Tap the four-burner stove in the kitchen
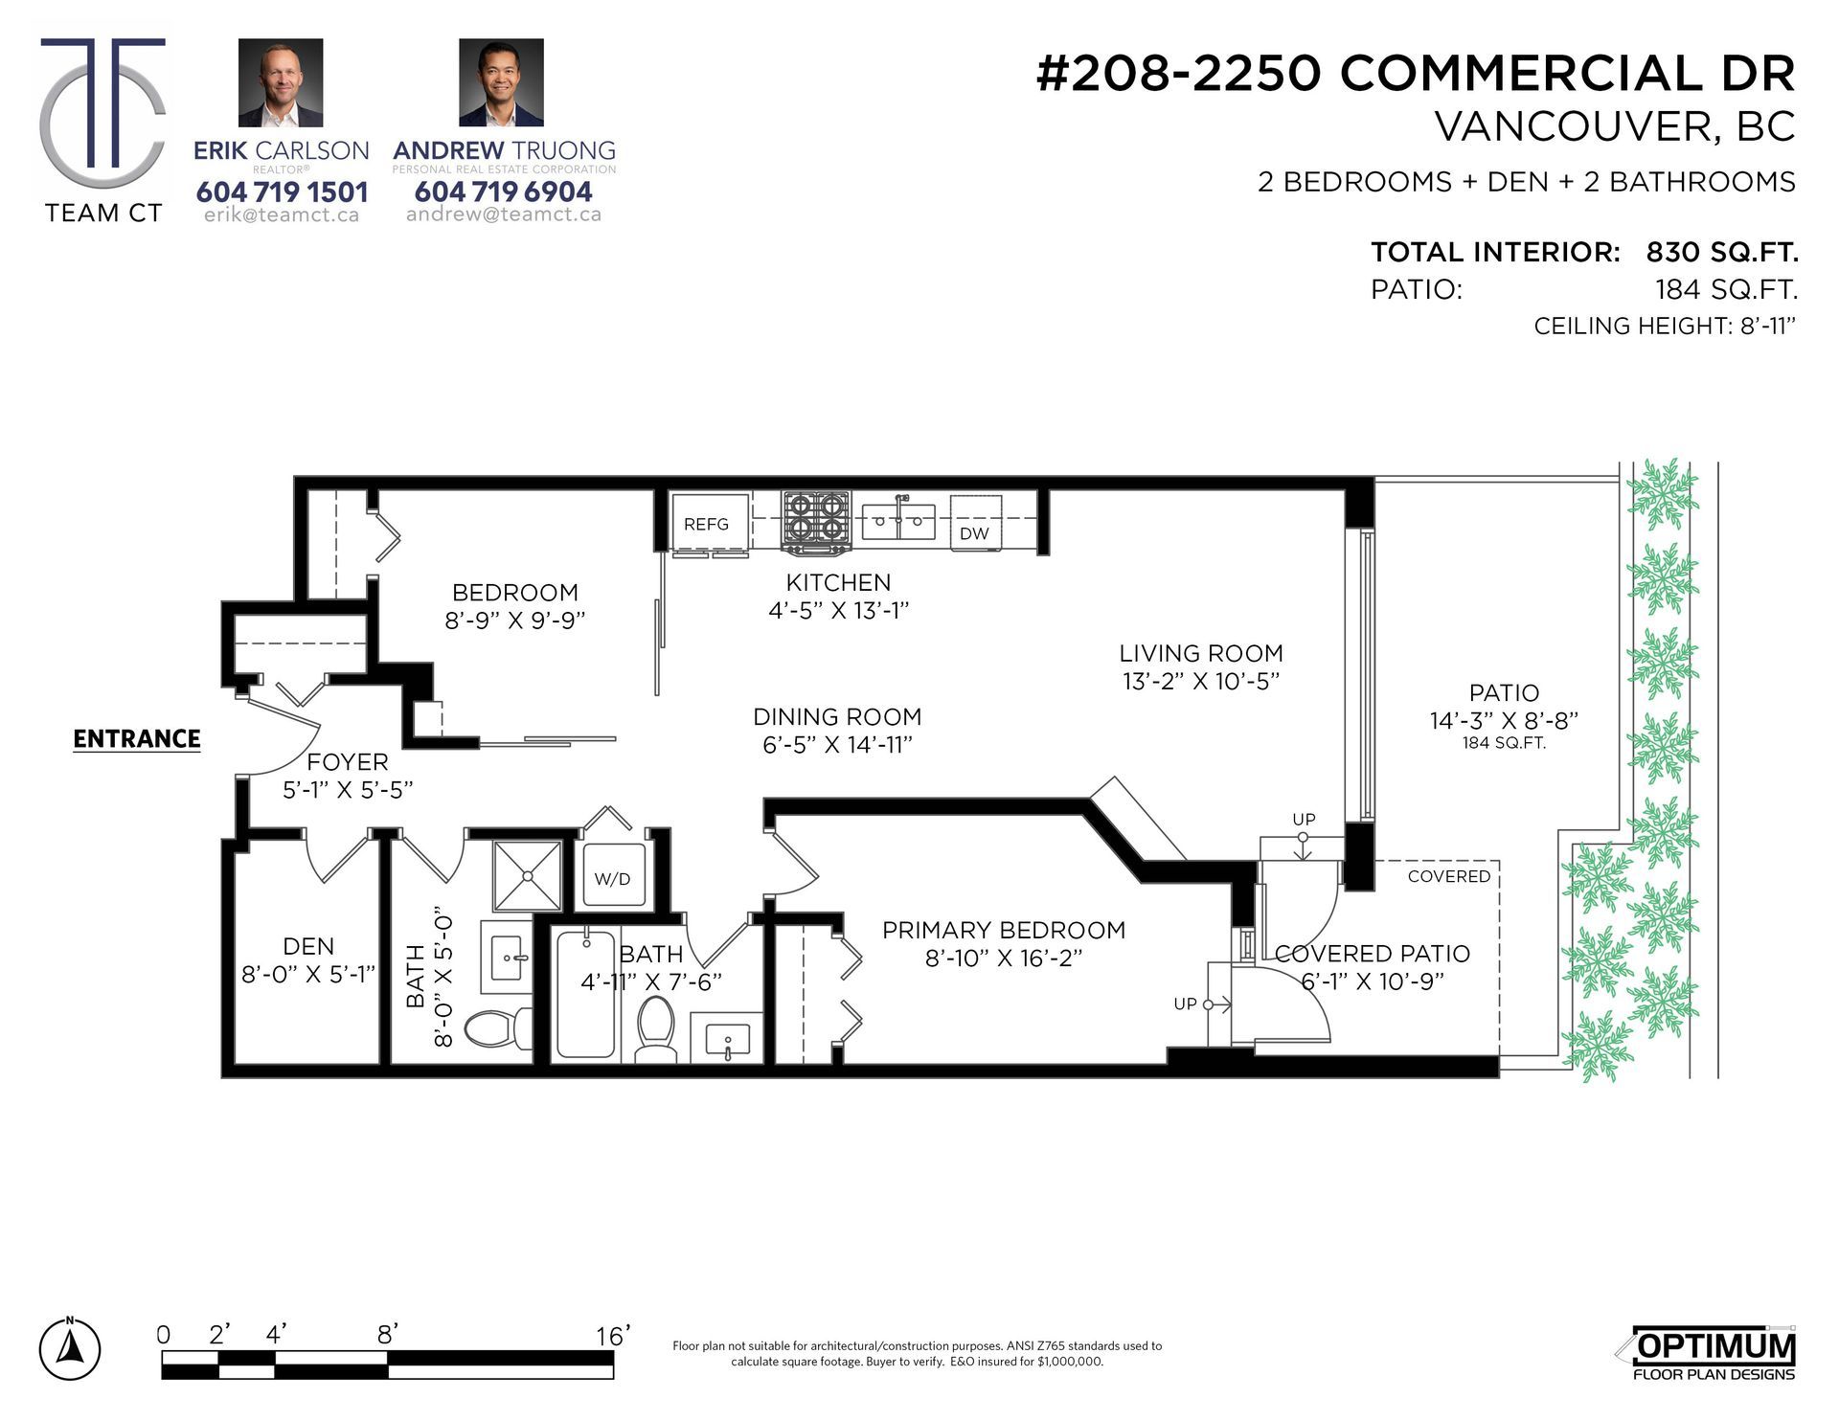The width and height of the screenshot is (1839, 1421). pos(817,522)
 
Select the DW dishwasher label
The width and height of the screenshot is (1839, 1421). pos(974,533)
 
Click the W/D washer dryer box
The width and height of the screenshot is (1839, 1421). pos(613,876)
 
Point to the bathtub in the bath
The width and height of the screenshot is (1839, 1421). pos(585,994)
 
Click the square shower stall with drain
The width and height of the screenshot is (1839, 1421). pos(527,875)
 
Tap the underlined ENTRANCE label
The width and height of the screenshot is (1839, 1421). pos(137,739)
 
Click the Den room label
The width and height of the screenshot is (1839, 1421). pos(308,946)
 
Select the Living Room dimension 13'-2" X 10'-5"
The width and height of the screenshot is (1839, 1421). pos(1201,681)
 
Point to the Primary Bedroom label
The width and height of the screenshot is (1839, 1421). pos(1003,930)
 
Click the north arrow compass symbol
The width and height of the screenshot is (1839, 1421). pos(69,1348)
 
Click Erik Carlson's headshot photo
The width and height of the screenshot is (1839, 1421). pos(281,82)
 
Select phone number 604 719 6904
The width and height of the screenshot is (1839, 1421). pos(503,192)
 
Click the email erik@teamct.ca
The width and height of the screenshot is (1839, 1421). pos(282,215)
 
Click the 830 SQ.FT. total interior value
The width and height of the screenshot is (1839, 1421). pos(1721,252)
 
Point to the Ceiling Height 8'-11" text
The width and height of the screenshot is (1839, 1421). pos(1664,326)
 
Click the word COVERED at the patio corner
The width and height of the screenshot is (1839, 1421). pos(1448,876)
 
